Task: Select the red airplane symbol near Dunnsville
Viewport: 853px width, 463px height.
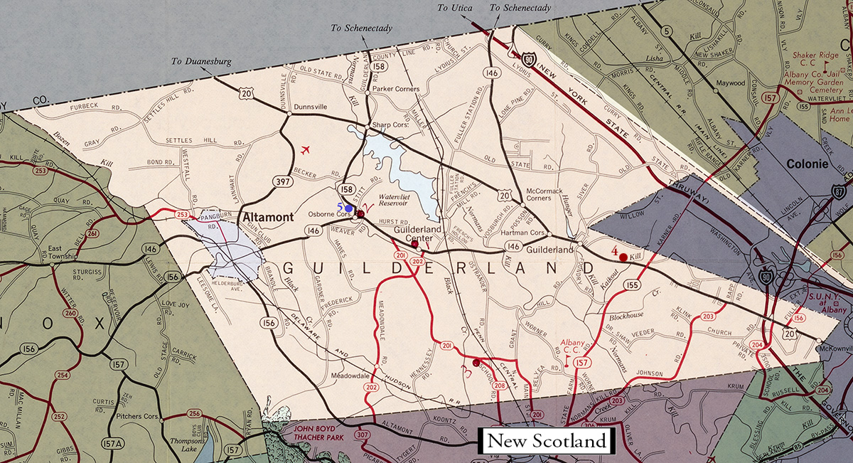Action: pos(306,150)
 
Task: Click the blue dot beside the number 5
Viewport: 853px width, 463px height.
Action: pos(348,208)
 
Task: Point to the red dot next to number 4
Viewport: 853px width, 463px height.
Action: pos(623,257)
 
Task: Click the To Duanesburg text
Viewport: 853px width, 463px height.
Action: pos(201,62)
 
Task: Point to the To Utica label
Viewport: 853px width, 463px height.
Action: pos(454,8)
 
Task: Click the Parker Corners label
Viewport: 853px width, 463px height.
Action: pos(395,89)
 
